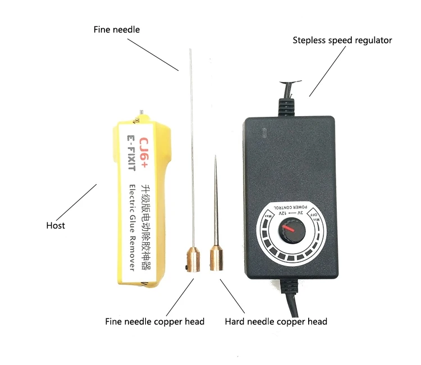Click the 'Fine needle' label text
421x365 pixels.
(116, 29)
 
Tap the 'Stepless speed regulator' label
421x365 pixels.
(342, 40)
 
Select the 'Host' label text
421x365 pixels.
(56, 225)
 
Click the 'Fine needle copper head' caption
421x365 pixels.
(155, 322)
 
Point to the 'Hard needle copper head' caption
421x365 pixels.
(276, 322)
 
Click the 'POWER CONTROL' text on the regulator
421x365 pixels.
(290, 207)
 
